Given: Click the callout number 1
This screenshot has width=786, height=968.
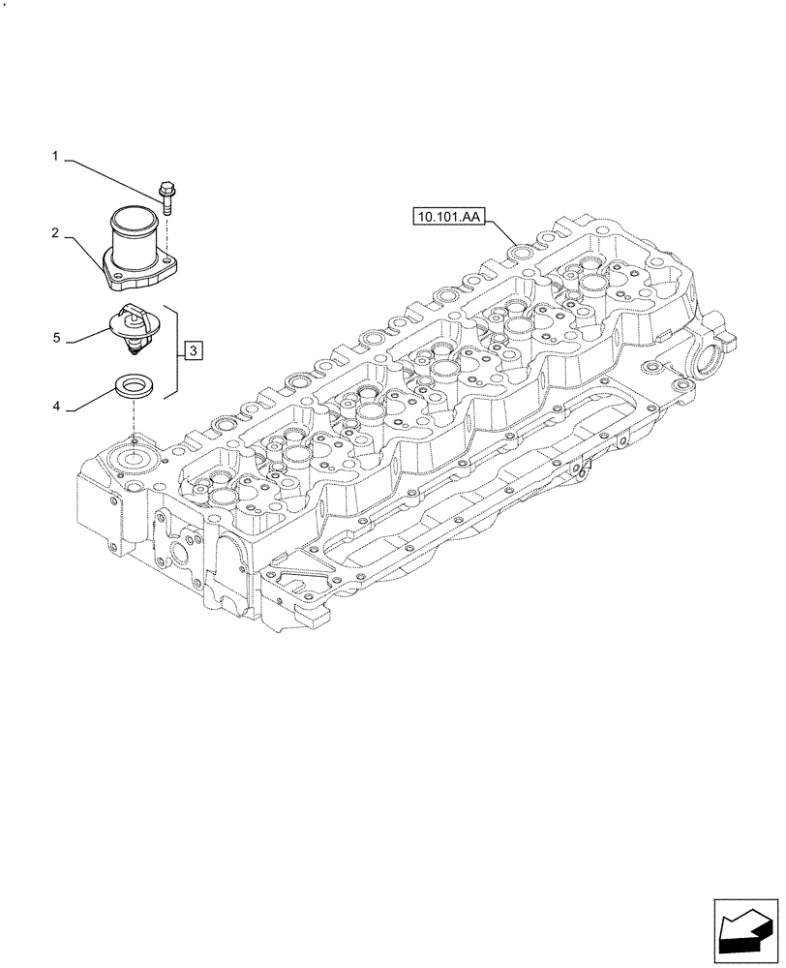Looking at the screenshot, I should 55,155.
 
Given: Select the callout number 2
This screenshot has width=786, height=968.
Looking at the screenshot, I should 55,233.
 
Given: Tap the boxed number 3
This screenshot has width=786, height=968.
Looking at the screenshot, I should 193,350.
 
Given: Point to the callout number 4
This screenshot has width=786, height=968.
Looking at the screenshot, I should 55,408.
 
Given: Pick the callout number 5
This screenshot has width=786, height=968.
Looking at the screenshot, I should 55,338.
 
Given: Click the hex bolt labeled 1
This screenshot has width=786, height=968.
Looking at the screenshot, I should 166,199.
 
